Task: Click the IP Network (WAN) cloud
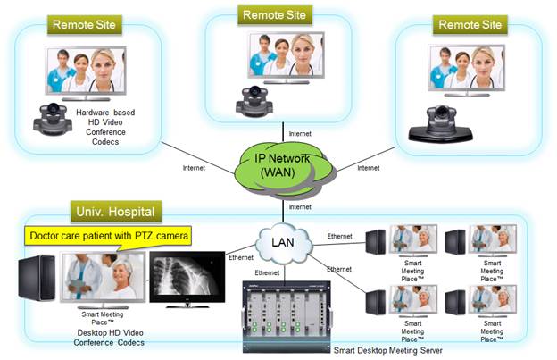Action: point(284,166)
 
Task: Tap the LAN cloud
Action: point(284,242)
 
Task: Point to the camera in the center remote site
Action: point(253,99)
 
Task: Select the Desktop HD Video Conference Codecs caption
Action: point(105,338)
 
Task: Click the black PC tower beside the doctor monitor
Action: point(35,285)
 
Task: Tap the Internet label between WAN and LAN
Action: point(299,207)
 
